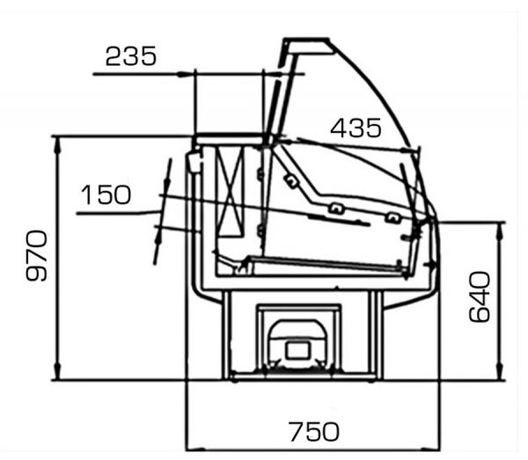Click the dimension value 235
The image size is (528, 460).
tap(131, 56)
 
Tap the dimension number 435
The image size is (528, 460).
tap(356, 128)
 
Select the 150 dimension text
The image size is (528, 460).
tap(106, 195)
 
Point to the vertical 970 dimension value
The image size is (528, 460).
tap(37, 256)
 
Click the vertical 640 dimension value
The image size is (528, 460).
tap(480, 297)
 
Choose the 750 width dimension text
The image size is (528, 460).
tap(314, 432)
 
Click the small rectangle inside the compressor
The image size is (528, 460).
tap(297, 350)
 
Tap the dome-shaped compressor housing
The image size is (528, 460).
tap(298, 344)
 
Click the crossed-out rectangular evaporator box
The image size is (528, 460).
tap(231, 192)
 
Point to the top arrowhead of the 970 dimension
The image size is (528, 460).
tap(57, 144)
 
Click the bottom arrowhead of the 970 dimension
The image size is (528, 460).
tap(57, 373)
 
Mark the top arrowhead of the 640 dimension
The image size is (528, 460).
tap(500, 230)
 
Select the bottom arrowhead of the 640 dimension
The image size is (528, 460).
tap(500, 373)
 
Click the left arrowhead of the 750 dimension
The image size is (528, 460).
tap(195, 449)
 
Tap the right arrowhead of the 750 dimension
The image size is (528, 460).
tap(431, 449)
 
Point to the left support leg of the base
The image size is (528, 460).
tap(226, 335)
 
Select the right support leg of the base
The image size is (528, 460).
tap(378, 335)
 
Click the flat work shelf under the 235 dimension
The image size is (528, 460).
tap(229, 139)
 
